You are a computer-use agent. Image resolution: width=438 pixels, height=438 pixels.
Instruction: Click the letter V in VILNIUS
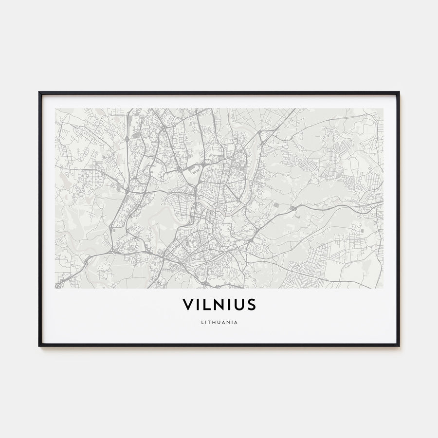(188, 305)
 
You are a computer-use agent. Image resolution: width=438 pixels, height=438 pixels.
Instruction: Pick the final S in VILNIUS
(251, 305)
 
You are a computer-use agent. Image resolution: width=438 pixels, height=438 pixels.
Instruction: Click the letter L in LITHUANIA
(201, 322)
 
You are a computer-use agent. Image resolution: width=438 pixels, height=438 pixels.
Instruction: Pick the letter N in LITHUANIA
(228, 322)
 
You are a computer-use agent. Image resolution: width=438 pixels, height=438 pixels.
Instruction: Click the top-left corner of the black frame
(39, 92)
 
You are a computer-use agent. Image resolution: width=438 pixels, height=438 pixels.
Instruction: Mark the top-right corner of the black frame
(399, 92)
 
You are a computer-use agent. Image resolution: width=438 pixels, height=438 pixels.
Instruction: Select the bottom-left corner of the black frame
(39, 346)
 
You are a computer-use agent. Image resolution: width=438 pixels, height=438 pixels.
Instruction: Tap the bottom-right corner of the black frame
(399, 346)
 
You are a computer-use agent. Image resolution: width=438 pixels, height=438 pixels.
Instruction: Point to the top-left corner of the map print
(55, 109)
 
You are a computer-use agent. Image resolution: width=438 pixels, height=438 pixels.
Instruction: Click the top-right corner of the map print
(383, 109)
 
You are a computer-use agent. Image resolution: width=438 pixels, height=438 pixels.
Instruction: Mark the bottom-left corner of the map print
(55, 288)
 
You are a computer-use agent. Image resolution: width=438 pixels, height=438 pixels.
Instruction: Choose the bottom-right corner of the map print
(383, 288)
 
